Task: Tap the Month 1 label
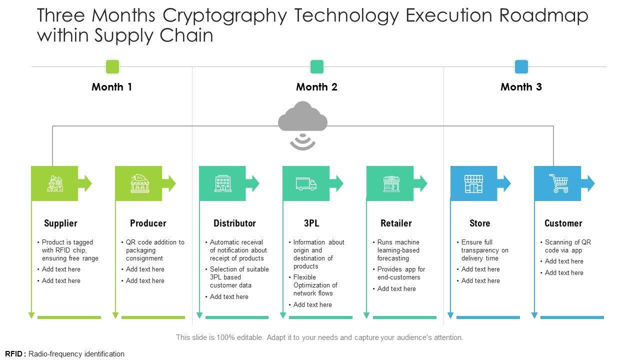click(x=112, y=87)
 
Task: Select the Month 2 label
click(x=316, y=87)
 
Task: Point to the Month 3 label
click(x=521, y=87)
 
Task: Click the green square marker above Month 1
click(x=112, y=66)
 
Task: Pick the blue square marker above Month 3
click(x=521, y=66)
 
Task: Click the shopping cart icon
click(x=558, y=183)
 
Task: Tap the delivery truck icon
click(x=306, y=183)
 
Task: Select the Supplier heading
click(x=60, y=223)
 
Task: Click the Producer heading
click(x=148, y=223)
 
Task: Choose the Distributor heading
click(x=234, y=223)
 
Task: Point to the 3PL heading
click(x=311, y=223)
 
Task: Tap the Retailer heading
click(x=396, y=223)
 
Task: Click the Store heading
click(x=479, y=223)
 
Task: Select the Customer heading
click(x=563, y=223)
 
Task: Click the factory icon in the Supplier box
click(x=55, y=183)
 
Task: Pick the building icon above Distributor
click(x=223, y=183)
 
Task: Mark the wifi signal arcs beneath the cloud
click(x=302, y=141)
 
